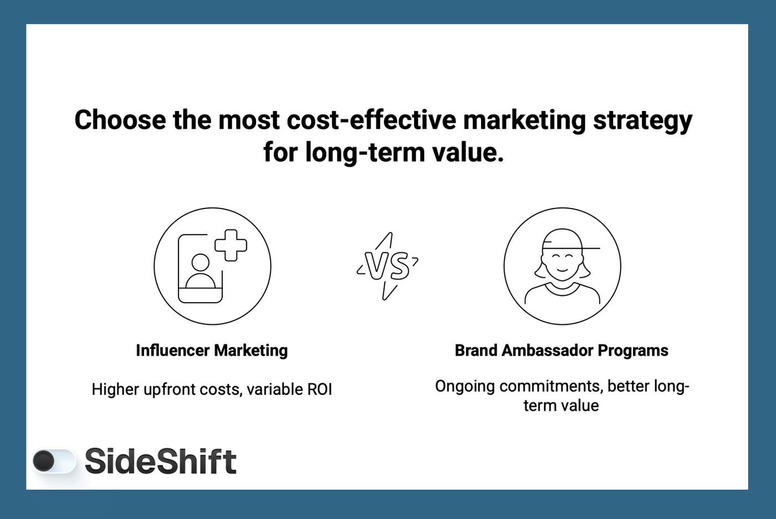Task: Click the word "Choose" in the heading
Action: (x=120, y=120)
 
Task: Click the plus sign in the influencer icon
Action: (x=231, y=245)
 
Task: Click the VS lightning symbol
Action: (x=387, y=266)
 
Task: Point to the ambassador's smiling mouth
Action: (x=562, y=270)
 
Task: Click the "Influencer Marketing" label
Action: (x=212, y=350)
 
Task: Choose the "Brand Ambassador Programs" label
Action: (x=561, y=350)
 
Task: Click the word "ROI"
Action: (x=319, y=389)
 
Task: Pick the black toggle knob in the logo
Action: (x=44, y=461)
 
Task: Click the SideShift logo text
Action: (x=160, y=461)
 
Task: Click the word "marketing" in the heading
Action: (x=524, y=120)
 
